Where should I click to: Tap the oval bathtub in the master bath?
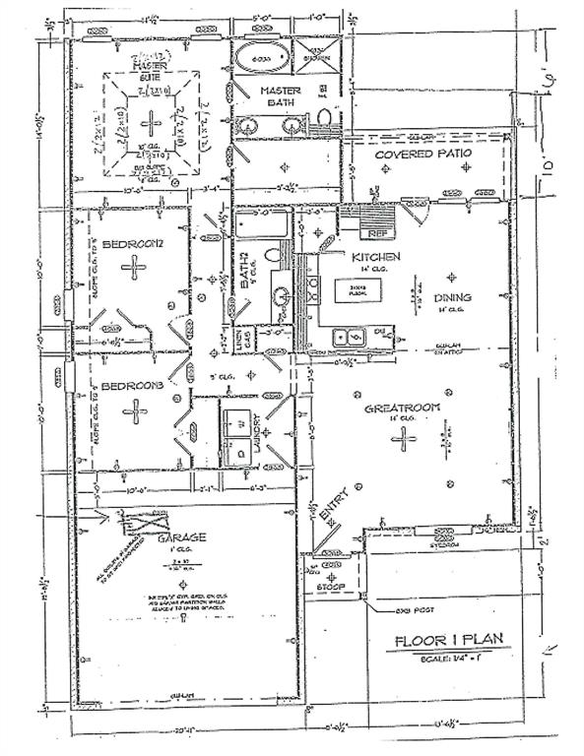pos(263,59)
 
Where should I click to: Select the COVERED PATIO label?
pos(424,155)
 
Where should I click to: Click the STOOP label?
pos(330,588)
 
